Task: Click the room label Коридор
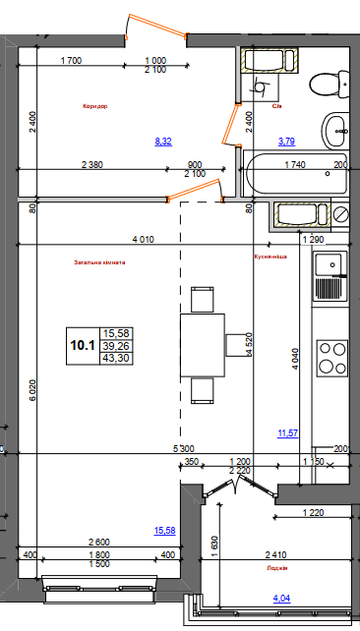coord(95,105)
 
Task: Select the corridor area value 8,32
coord(163,142)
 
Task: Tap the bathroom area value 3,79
coord(286,142)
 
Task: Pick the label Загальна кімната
coord(101,262)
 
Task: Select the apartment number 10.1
coord(82,344)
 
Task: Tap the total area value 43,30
coord(117,359)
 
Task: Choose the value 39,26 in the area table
coord(117,346)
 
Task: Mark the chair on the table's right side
coord(236,344)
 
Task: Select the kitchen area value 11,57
coord(289,432)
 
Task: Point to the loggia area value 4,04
coord(282,596)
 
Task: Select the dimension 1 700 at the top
coord(70,61)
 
